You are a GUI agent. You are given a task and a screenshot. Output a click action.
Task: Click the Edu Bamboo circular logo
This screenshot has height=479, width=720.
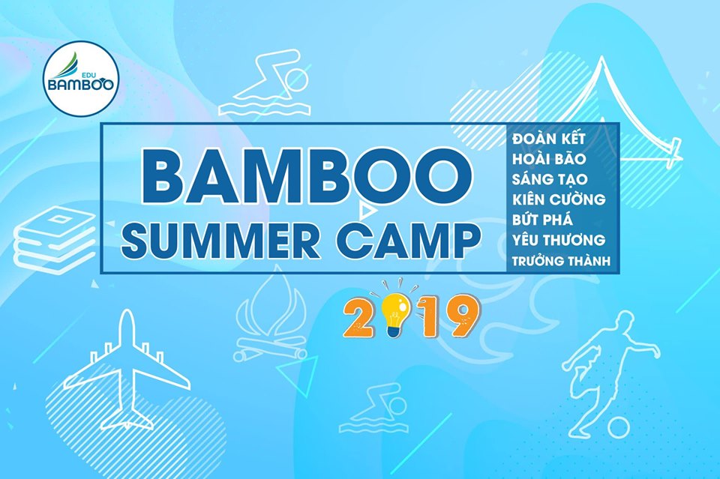[x=81, y=79]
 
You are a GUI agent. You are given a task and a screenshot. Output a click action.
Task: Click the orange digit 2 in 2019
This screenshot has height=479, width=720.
[x=361, y=318]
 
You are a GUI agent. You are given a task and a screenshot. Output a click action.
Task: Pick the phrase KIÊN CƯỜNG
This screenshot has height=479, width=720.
[x=559, y=199]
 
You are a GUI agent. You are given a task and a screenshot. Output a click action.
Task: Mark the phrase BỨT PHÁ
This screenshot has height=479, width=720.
[x=543, y=220]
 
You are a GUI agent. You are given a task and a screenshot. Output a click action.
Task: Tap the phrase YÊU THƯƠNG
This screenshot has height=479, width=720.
[x=559, y=240]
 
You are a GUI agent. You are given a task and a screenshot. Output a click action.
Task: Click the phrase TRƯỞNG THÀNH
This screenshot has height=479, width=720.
[x=561, y=260]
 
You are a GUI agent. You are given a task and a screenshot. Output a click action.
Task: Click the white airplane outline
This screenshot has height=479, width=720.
[x=130, y=367]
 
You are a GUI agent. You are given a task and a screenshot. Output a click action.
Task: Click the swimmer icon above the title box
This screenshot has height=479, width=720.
[x=265, y=85]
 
